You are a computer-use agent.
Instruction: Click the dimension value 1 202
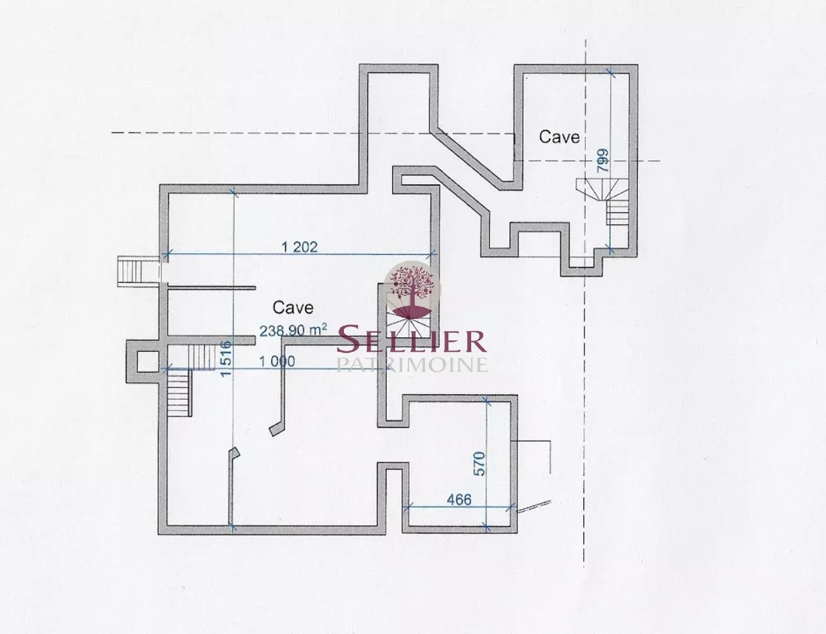click(x=299, y=247)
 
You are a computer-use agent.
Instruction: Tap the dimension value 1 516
click(x=226, y=358)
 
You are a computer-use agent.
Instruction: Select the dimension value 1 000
click(x=277, y=361)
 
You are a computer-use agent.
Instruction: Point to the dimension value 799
click(x=603, y=161)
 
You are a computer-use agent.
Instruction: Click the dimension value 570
click(x=479, y=464)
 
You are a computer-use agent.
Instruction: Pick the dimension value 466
click(x=459, y=499)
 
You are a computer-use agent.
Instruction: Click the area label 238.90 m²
click(x=293, y=330)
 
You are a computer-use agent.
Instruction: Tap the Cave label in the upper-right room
click(x=559, y=137)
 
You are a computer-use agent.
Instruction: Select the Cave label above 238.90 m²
click(x=293, y=308)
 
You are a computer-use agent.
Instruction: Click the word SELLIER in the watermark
click(x=411, y=340)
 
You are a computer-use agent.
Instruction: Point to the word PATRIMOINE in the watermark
click(x=412, y=364)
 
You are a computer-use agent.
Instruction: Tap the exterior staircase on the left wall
click(x=130, y=270)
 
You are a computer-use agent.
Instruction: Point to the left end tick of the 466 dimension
click(x=407, y=507)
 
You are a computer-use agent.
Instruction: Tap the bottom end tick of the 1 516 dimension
click(x=233, y=527)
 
